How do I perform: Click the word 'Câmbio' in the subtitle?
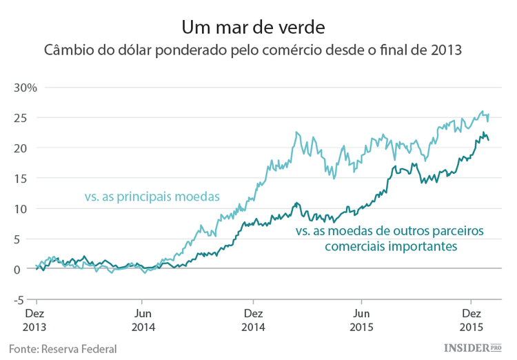click(x=67, y=51)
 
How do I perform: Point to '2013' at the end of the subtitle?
click(x=446, y=51)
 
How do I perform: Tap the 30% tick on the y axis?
click(x=26, y=88)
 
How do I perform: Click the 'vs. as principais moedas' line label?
click(x=152, y=197)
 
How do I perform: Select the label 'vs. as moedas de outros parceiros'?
click(x=389, y=230)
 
